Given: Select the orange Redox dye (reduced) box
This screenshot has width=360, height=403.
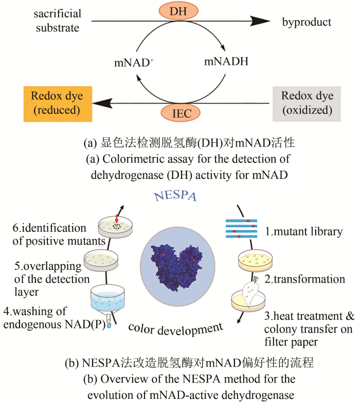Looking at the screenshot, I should coord(57,103).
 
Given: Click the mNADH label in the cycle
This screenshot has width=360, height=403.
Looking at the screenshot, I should coord(226,62).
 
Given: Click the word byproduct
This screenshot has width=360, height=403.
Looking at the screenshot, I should coord(307,22).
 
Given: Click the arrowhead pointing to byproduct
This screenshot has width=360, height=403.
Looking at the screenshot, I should coord(261,21).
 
